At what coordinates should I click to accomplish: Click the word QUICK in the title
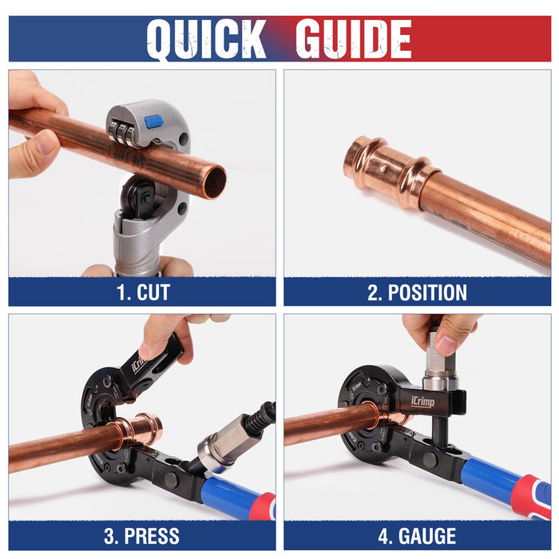206,39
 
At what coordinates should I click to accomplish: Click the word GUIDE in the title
353,39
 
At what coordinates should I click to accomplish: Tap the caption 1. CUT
143,292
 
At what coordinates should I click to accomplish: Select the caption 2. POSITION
417,292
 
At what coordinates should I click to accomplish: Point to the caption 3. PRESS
142,536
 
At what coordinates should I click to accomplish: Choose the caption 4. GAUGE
417,536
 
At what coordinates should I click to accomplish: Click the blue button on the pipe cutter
154,121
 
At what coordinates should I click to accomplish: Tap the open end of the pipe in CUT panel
216,182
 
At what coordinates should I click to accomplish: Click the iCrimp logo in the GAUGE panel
422,402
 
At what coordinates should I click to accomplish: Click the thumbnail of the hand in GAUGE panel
446,345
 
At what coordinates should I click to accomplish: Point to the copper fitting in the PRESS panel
137,430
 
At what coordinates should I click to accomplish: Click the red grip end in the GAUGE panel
531,498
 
